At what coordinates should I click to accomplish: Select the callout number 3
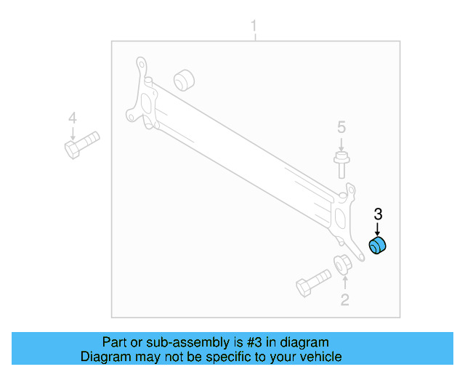377,214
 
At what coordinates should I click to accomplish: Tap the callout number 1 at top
254,28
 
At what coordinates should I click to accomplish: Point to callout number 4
72,118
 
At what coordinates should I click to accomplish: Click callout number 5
341,128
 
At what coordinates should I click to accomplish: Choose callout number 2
344,299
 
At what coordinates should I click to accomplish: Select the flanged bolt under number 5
340,164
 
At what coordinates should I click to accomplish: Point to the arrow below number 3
377,228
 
